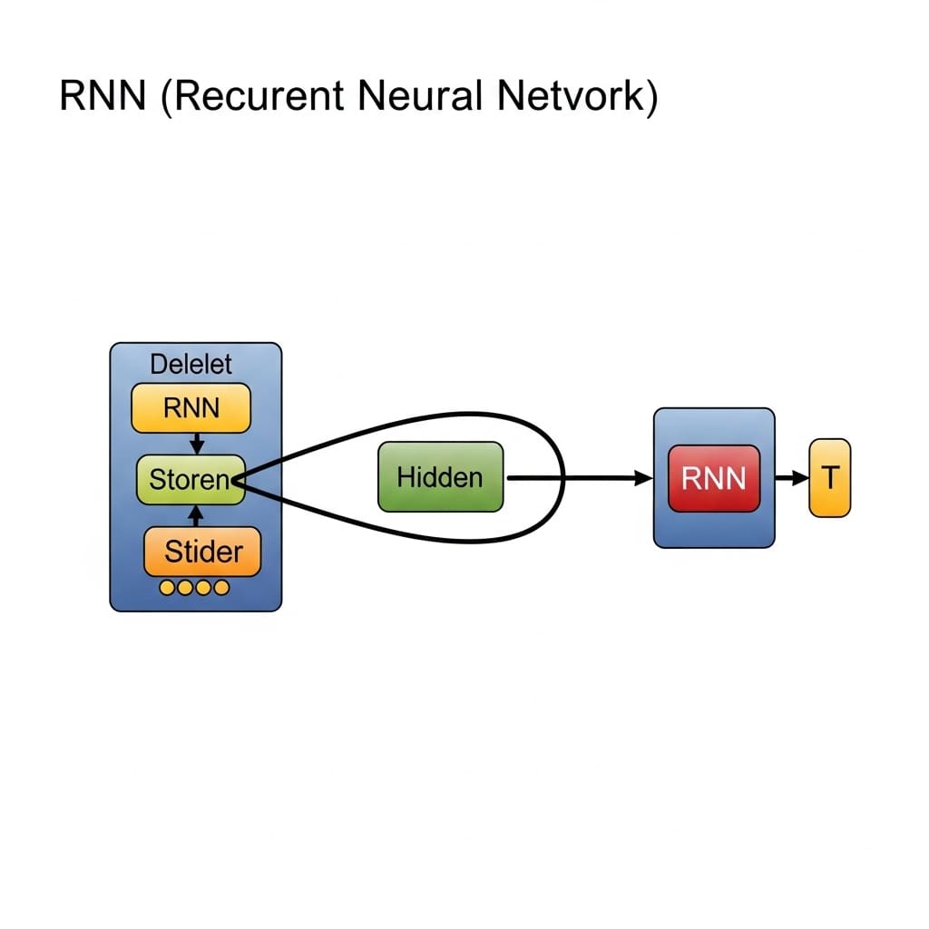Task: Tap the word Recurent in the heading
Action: pos(262,95)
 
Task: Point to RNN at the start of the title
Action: pos(103,95)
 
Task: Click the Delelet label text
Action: pos(191,364)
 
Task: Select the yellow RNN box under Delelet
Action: pos(191,407)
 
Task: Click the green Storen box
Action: pos(190,479)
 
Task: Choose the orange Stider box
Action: pos(202,551)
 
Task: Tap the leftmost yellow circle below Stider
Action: pos(167,588)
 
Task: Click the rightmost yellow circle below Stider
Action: pos(221,588)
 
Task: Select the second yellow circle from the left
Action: pos(185,588)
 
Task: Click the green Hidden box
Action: pos(440,477)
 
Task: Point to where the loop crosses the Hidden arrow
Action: pos(564,477)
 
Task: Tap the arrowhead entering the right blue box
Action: pos(645,477)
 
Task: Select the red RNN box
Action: pos(714,478)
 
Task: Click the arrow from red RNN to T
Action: pos(791,478)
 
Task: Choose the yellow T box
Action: pos(829,478)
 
